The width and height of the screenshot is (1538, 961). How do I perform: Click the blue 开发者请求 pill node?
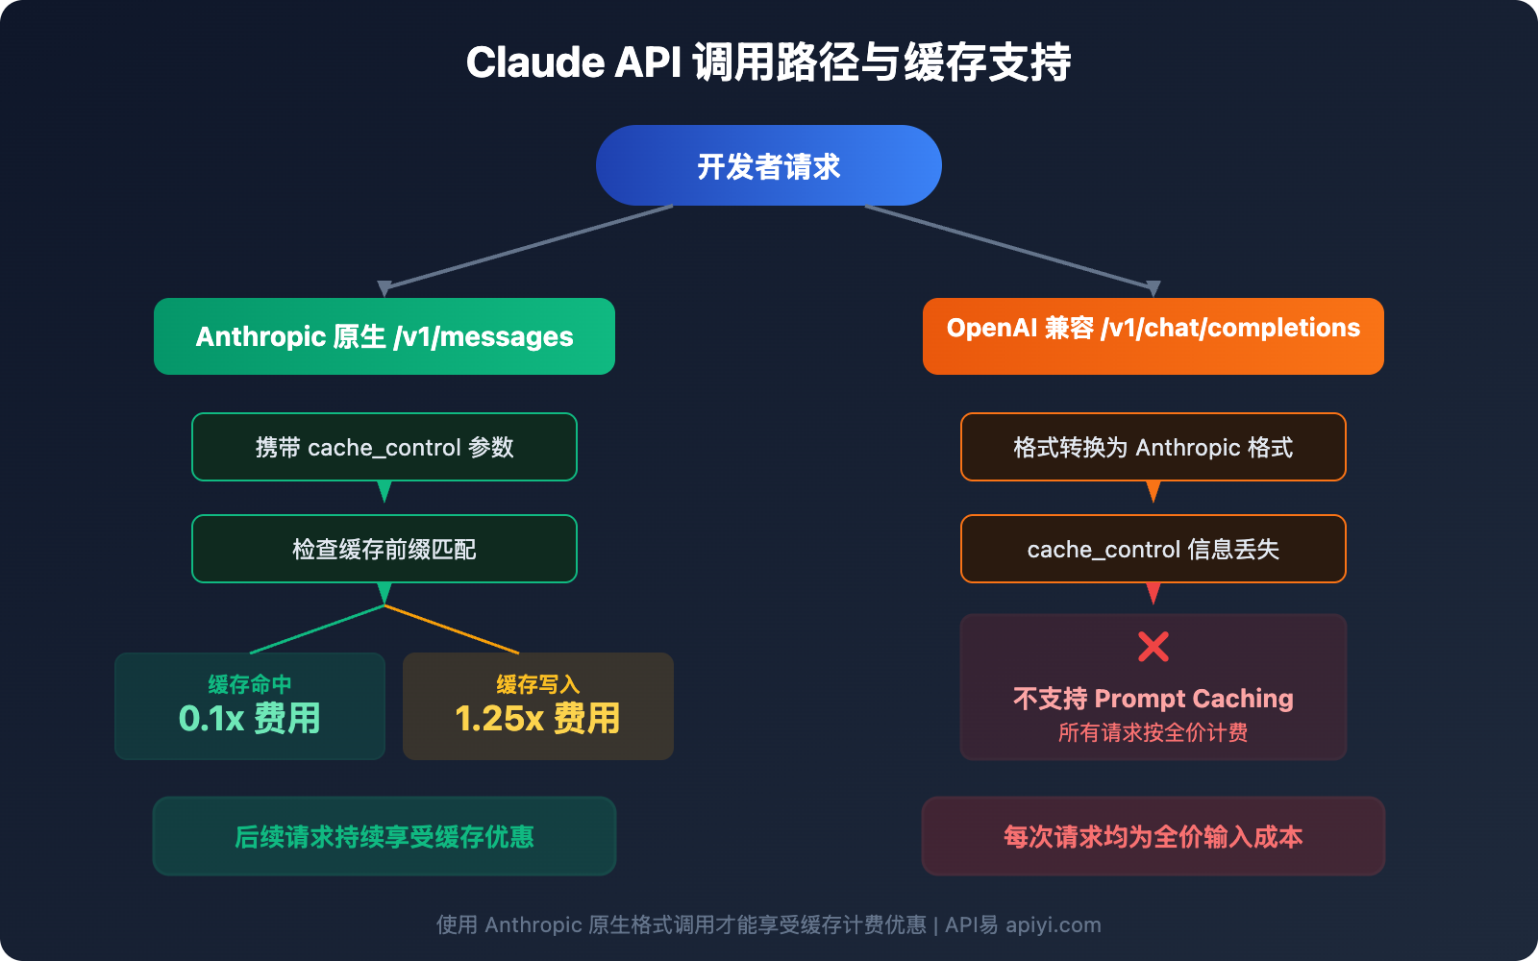(769, 165)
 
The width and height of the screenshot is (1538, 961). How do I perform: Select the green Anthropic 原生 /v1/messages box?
(384, 336)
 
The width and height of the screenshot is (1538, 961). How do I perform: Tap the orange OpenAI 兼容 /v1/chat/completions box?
(1153, 336)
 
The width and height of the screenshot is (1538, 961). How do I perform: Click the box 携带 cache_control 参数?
(384, 447)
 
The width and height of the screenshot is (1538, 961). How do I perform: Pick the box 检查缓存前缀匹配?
(384, 549)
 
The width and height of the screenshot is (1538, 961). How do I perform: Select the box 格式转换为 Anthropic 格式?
(1153, 447)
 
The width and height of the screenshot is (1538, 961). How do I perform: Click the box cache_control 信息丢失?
(1153, 549)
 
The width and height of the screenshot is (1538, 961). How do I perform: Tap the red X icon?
(1153, 647)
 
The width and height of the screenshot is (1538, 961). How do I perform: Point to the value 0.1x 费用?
(250, 719)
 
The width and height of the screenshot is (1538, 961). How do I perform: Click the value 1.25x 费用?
(538, 719)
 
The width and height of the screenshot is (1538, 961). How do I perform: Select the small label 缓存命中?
(250, 684)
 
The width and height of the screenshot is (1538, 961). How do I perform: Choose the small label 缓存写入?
(538, 684)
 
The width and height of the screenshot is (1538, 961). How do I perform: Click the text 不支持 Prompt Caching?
(1153, 699)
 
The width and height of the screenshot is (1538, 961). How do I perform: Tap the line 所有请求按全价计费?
(1153, 733)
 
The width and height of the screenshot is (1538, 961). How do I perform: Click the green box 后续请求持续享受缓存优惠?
(384, 836)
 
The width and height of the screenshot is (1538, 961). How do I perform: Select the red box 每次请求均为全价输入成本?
(1153, 836)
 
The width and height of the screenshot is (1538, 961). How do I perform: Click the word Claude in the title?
(534, 63)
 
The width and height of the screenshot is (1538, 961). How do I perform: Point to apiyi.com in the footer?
(1054, 925)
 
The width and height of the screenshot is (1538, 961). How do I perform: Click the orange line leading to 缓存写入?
(452, 629)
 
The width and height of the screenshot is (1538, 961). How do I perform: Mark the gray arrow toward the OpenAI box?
(1009, 247)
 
